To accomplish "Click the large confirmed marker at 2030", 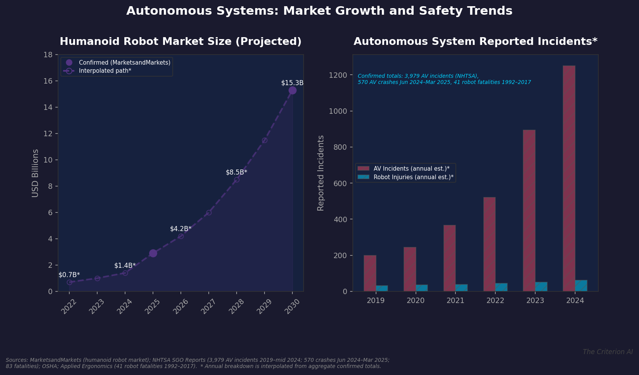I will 292,90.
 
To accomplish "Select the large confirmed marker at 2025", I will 153,253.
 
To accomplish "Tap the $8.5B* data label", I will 236,172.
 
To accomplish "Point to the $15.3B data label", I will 292,83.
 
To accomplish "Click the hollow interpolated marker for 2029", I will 265,140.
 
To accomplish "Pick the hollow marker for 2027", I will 209,212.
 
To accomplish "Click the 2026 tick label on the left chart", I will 180,307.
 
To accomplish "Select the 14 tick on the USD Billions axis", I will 48,107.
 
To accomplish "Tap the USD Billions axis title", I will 35,173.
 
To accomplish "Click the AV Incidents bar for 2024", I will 569,178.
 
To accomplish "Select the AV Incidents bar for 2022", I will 489,244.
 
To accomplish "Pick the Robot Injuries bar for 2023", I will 541,286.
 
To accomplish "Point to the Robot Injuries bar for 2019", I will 382,288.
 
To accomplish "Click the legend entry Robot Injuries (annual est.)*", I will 413,177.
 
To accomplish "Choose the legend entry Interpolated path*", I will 105,71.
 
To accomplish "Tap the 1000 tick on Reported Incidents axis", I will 338,111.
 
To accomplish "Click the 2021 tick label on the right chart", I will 455,301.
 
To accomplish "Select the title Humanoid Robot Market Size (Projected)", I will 180,41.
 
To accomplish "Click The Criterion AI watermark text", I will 607,352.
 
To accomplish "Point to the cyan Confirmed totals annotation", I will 444,79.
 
